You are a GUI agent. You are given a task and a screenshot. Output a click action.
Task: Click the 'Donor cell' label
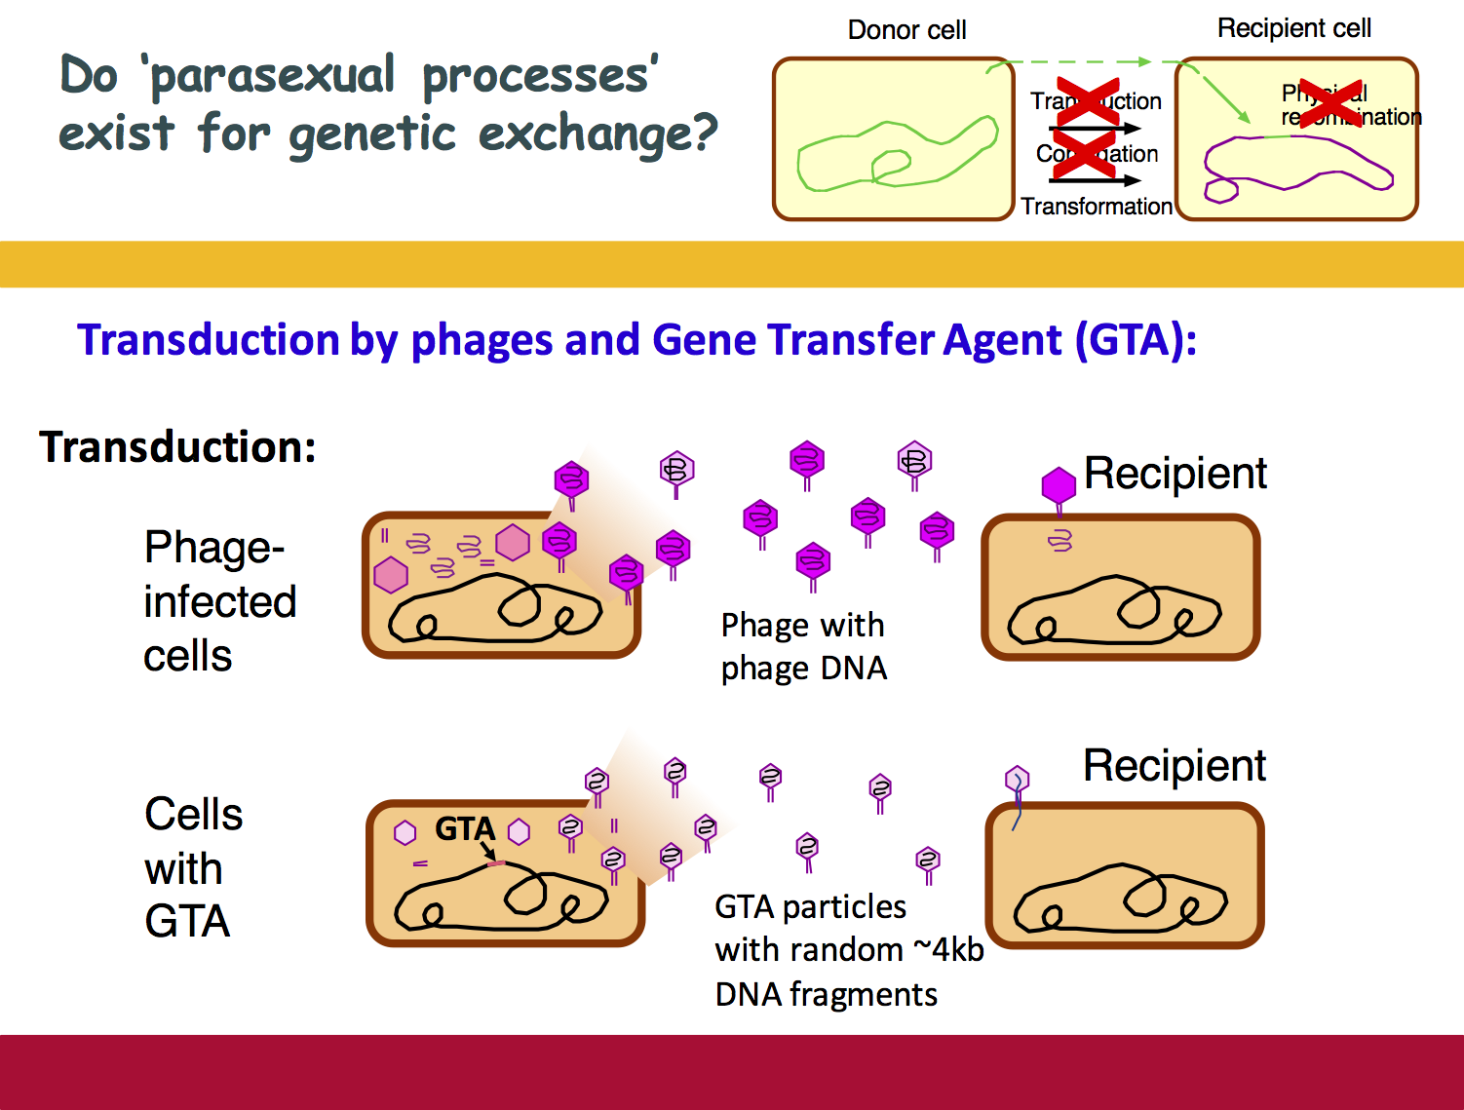coord(906,30)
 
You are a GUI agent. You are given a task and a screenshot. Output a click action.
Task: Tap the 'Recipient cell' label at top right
coord(1293,28)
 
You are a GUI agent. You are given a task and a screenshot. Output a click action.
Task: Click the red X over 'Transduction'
coord(1088,101)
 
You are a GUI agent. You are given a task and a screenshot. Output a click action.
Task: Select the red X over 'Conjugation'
coord(1083,154)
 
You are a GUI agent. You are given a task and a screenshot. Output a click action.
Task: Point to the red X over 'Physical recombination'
coord(1330,104)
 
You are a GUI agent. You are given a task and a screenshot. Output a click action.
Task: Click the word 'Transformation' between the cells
coord(1097,207)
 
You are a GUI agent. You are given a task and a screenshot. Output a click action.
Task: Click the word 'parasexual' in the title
coord(273,76)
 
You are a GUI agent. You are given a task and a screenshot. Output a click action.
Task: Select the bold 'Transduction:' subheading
coord(177,447)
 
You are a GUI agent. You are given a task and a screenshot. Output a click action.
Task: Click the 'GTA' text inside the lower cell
coord(465,828)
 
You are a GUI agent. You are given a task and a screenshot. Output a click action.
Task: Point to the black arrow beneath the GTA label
coord(487,851)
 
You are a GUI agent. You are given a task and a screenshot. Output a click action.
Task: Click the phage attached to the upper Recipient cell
coord(1059,487)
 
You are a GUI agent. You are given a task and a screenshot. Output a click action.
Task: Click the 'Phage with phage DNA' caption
coord(803,646)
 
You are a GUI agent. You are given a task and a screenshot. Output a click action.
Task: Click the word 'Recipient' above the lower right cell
coord(1174,766)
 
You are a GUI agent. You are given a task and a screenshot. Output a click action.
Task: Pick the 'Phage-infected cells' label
coord(219,601)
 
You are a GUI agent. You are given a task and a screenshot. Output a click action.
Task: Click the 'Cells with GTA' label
coord(192,867)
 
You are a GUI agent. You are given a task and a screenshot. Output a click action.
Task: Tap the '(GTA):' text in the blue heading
coord(1136,340)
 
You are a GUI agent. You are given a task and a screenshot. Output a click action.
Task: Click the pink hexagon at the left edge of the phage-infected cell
coord(391,575)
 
